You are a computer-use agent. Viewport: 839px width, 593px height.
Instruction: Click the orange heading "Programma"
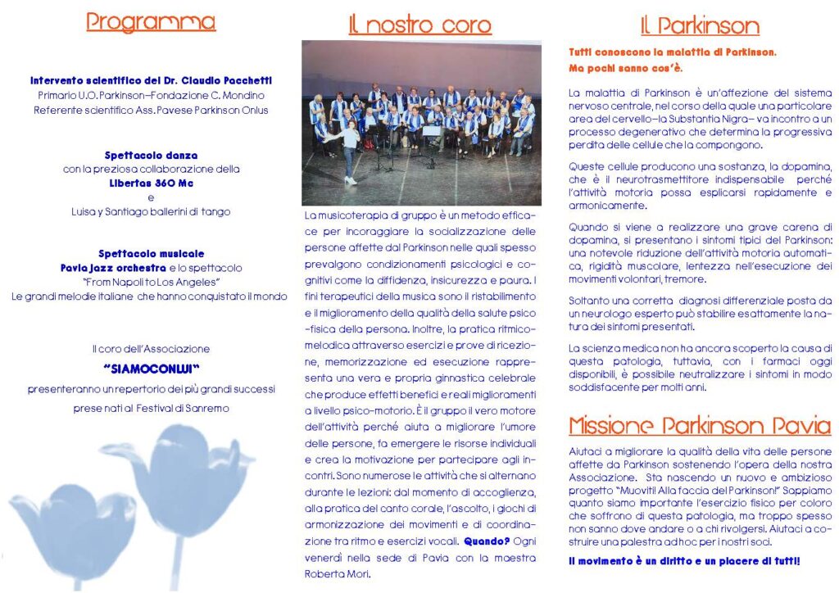click(x=151, y=22)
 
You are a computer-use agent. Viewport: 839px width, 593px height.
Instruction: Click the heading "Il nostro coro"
click(x=420, y=25)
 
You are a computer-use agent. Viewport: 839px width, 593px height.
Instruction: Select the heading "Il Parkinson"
click(x=700, y=25)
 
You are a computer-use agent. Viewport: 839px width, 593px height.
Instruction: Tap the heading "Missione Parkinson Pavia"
click(x=700, y=426)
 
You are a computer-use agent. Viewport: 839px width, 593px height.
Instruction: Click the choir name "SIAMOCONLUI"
click(x=152, y=369)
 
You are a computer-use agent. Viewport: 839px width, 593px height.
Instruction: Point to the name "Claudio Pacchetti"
click(x=229, y=80)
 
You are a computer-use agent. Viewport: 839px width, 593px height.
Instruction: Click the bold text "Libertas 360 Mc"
click(x=152, y=183)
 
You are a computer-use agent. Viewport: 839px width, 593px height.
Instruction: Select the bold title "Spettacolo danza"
click(x=151, y=155)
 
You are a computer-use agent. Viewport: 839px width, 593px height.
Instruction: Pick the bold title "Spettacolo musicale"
click(x=151, y=254)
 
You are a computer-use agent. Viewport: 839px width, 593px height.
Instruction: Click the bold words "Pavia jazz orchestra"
click(x=113, y=268)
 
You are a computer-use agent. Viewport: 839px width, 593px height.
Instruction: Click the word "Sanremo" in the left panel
click(x=206, y=408)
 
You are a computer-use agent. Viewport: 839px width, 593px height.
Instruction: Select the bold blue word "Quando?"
click(x=487, y=541)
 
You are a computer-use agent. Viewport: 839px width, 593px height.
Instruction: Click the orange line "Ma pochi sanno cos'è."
click(x=625, y=67)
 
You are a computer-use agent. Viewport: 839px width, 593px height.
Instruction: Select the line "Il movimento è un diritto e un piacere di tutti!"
click(x=684, y=561)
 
